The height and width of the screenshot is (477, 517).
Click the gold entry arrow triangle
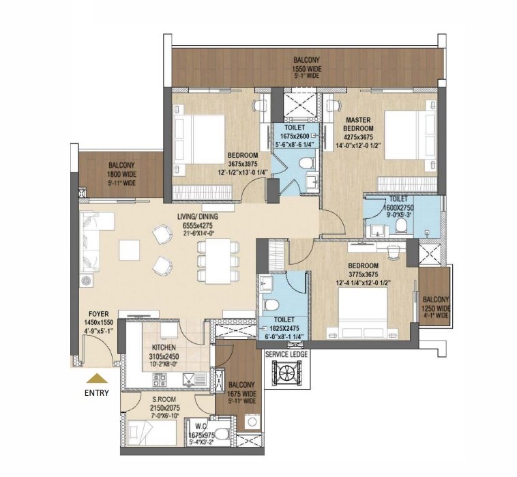tap(97, 378)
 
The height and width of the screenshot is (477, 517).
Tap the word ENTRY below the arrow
tap(97, 393)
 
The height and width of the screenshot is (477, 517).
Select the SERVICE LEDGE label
tap(286, 355)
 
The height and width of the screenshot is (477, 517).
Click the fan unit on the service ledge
tap(286, 373)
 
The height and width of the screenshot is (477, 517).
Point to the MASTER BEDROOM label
tap(358, 124)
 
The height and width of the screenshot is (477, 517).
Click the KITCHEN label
tap(164, 347)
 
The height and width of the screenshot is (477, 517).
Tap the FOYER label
tap(99, 315)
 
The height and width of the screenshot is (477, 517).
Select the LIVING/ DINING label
tap(198, 217)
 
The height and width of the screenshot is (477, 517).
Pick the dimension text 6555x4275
tap(198, 226)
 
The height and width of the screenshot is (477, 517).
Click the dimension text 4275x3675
tap(358, 137)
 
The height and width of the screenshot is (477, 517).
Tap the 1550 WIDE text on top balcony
tap(307, 69)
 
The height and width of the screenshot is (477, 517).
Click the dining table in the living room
tap(218, 261)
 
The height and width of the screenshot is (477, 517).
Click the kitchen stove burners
tap(159, 379)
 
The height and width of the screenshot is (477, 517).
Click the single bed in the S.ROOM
tap(151, 433)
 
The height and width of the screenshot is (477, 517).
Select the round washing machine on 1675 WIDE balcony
tap(252, 422)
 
